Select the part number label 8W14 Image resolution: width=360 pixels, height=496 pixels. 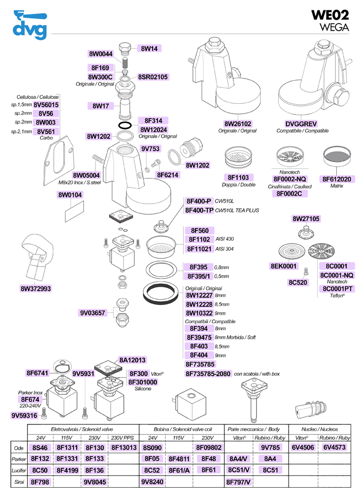150,48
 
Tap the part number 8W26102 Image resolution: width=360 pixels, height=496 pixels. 238,124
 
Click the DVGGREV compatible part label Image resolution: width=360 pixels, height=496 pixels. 301,124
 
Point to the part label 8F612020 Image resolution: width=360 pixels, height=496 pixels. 336,179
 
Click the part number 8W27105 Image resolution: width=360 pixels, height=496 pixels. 306,218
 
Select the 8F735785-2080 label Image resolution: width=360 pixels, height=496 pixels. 208,374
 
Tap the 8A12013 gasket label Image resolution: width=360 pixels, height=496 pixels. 133,360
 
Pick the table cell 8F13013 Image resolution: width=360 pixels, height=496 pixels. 124,447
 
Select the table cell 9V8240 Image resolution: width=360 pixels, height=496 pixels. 153,482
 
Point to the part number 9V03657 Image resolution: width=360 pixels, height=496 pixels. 93,313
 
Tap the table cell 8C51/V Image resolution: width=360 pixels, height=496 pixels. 239,470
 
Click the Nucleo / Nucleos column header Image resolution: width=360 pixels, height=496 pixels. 317,428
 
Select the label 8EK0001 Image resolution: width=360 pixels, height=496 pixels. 284,266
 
